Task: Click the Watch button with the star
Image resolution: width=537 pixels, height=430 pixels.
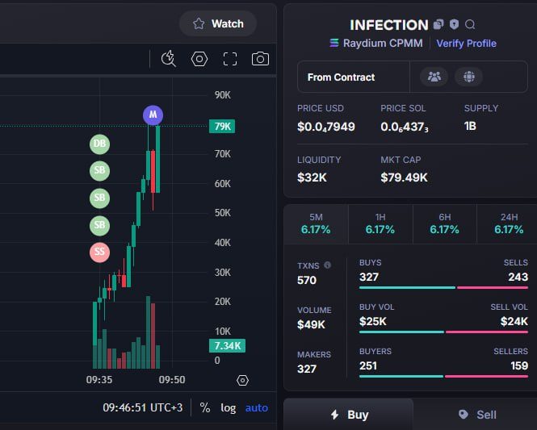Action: pos(218,23)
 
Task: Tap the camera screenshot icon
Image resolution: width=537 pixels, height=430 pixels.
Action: pos(260,59)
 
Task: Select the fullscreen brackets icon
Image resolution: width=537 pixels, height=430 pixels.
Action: pos(230,59)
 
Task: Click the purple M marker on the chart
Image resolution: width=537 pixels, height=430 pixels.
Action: pos(153,115)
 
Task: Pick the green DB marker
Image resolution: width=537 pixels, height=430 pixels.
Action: pos(99,144)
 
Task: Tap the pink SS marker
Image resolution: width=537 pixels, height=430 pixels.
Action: pos(99,253)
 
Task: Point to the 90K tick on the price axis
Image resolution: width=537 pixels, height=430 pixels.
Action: pos(223,95)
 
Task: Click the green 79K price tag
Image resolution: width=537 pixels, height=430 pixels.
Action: pos(222,126)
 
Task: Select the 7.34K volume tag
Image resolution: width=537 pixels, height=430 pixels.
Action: pos(227,346)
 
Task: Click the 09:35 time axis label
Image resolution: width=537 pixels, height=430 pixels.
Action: pos(99,380)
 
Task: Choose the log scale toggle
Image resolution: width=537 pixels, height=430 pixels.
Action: pos(228,407)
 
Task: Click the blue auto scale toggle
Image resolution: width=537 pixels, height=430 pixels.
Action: pos(257,407)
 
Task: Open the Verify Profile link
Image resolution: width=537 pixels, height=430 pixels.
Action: pos(466,44)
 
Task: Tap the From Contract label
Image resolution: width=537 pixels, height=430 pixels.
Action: pos(341,77)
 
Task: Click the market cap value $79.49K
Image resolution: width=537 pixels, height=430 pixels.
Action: pos(404,177)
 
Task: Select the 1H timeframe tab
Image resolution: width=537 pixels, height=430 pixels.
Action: pos(380,224)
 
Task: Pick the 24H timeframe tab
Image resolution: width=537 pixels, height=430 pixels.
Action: pos(509,224)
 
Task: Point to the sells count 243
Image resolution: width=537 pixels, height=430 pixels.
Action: pos(518,277)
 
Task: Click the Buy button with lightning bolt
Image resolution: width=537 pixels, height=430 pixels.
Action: pos(349,415)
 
